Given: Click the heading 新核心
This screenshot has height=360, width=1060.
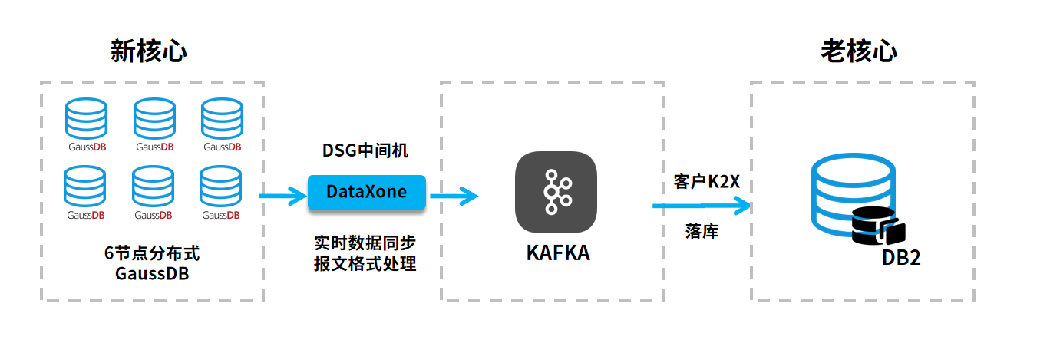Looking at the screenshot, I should (x=149, y=52).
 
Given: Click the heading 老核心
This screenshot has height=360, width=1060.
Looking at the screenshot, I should (x=859, y=52).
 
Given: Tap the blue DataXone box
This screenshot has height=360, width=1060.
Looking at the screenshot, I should (x=366, y=192).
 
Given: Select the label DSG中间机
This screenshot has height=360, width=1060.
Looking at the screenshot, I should (x=365, y=150).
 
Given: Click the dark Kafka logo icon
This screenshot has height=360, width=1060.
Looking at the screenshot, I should (x=556, y=192).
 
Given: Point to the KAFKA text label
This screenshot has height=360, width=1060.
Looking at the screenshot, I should (x=558, y=253).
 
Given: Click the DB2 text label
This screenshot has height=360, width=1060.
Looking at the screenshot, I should (x=900, y=258).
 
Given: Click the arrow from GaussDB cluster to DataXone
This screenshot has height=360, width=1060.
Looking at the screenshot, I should (x=282, y=197).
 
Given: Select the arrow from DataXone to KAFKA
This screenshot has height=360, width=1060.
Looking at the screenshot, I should (x=454, y=197).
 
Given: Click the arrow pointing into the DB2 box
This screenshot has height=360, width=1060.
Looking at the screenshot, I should (x=701, y=206).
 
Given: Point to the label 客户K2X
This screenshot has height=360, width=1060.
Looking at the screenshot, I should (x=706, y=182).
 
